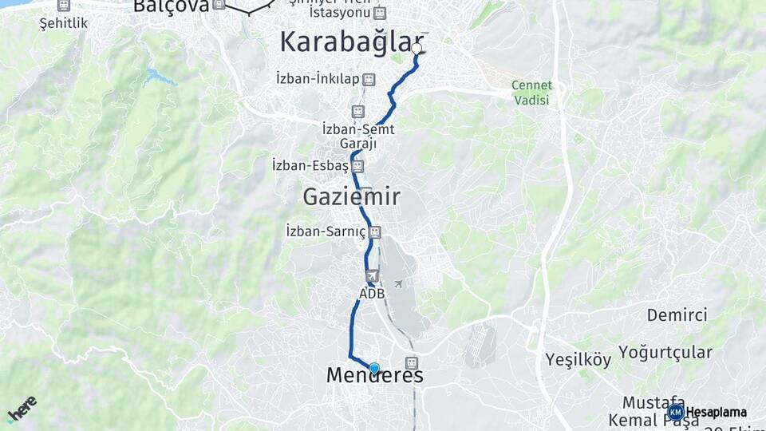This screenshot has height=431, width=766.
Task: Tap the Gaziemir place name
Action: point(351,196)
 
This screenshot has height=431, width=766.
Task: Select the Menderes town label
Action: point(374,376)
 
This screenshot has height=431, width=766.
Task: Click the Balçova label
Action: point(171,6)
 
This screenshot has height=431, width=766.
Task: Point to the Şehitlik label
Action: point(64,23)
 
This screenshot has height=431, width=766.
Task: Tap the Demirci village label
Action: point(677,314)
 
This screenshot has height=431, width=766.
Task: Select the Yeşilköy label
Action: point(578,359)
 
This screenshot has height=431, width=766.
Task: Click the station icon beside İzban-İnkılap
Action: point(368,79)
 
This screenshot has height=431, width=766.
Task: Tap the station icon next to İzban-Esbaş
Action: point(357,166)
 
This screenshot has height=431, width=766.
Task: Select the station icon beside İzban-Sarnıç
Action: point(375,232)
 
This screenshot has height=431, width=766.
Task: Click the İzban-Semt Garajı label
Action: point(358,136)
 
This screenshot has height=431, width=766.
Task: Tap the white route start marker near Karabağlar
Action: point(417,49)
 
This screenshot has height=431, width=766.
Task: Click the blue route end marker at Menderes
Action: point(374,368)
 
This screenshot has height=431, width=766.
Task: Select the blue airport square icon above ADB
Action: point(372,276)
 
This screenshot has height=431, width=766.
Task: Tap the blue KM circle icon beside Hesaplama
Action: point(676,412)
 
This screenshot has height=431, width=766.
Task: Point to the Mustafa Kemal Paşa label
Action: point(653,410)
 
